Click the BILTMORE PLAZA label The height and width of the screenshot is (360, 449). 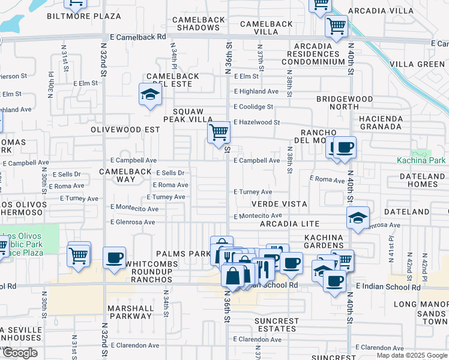84,16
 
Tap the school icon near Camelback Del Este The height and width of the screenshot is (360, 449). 149,94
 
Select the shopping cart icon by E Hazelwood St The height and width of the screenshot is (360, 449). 219,131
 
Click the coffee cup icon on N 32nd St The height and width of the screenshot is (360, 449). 114,258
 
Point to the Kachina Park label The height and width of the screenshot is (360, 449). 421,160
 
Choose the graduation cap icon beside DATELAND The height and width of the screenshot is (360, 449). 358,217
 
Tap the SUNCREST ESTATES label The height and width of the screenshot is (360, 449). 276,325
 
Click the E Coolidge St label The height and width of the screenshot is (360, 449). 253,107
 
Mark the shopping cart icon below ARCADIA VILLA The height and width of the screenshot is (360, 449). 336,26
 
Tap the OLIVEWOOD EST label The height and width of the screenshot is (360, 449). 125,130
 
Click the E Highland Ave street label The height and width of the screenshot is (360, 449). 256,92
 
